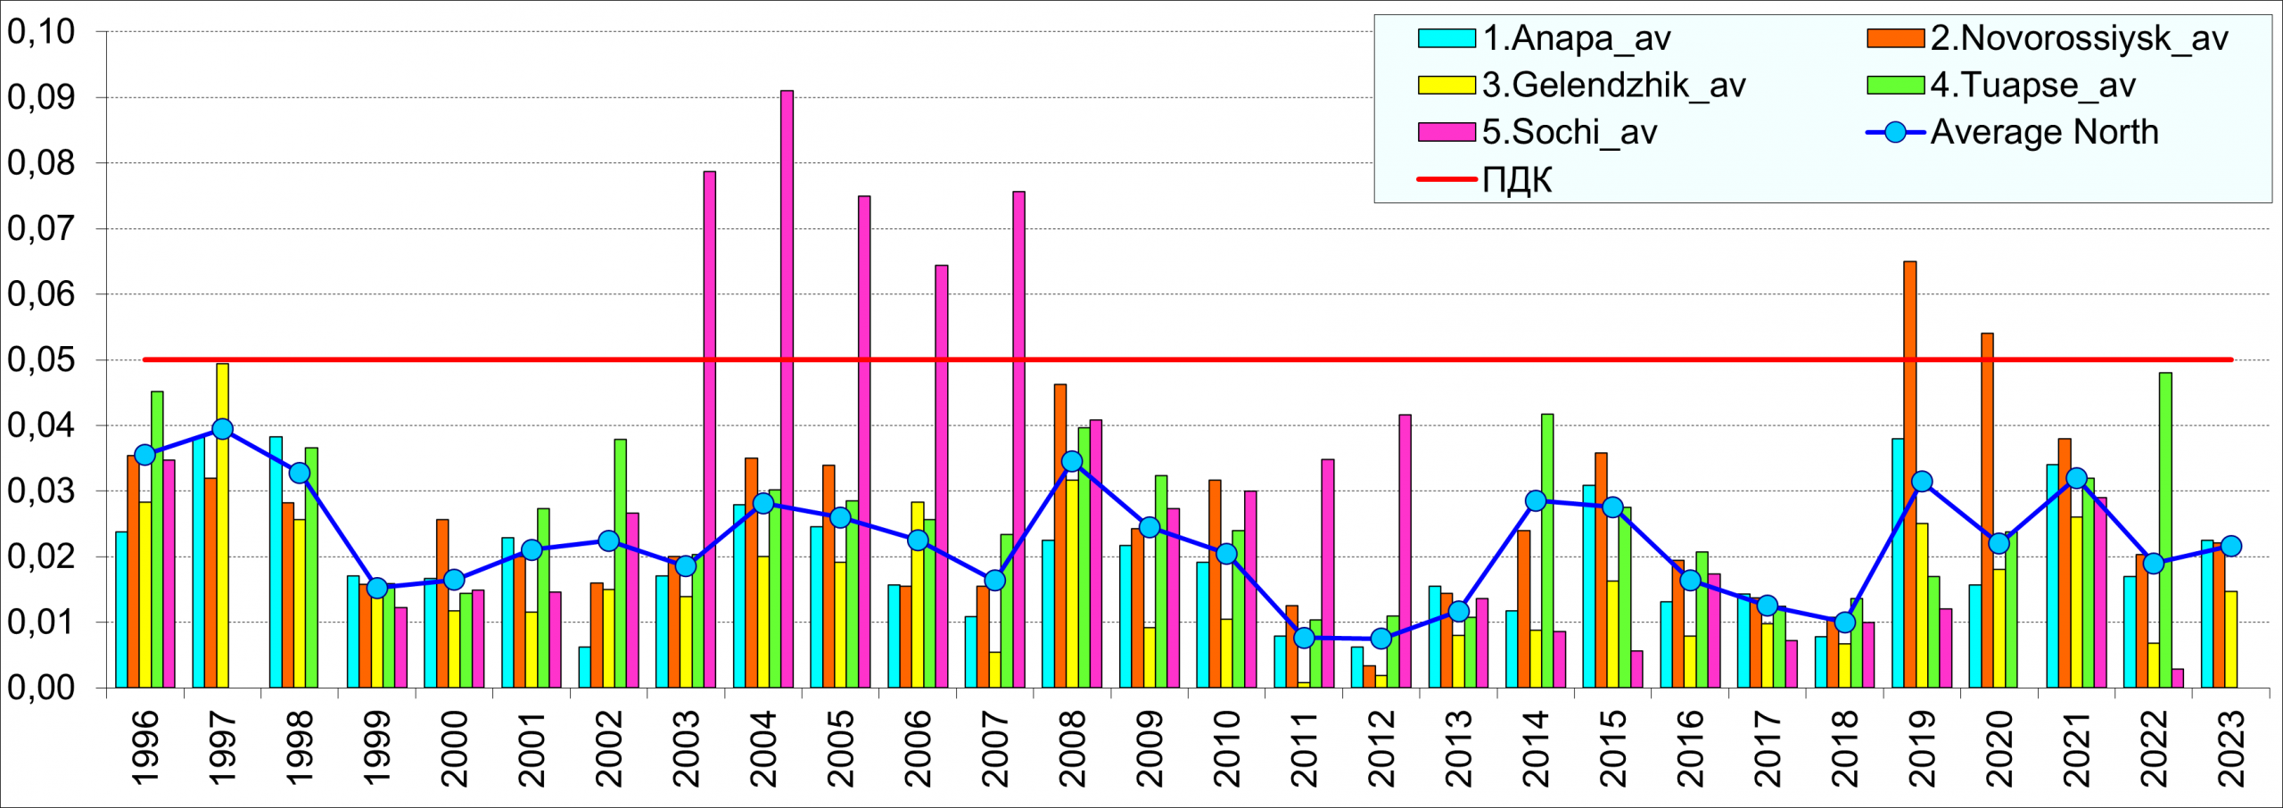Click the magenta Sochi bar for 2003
709,428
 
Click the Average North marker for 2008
1072,461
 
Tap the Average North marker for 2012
1381,639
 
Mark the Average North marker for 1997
222,429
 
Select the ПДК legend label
1517,180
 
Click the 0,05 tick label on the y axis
41,360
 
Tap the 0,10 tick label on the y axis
41,32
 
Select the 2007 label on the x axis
994,749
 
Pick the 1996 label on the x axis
145,749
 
